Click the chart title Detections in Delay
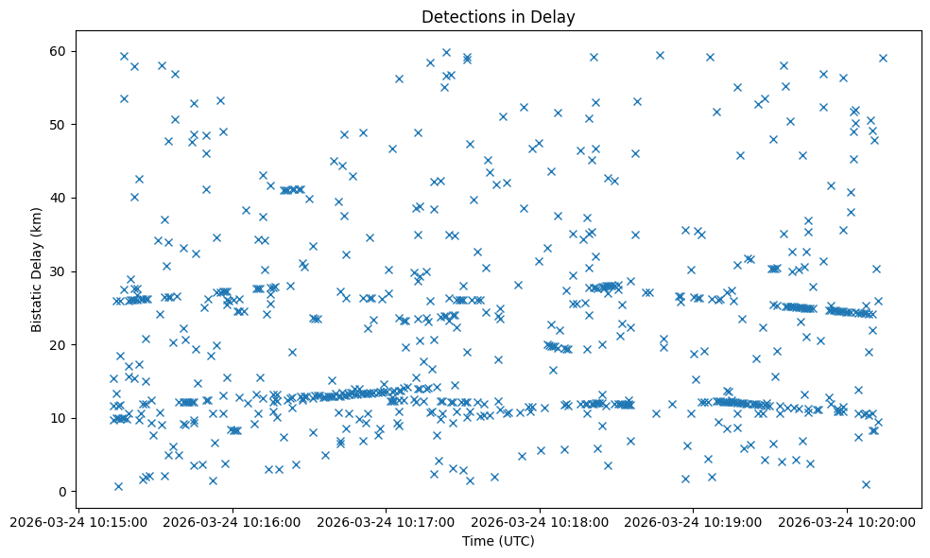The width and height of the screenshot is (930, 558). pyautogui.click(x=498, y=17)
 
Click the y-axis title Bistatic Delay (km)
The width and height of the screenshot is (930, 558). pyautogui.click(x=37, y=269)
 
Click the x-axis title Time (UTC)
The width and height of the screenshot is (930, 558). pyautogui.click(x=498, y=542)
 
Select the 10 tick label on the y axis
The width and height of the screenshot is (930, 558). pyautogui.click(x=60, y=418)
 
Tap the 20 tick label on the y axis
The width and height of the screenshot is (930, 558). pyautogui.click(x=60, y=344)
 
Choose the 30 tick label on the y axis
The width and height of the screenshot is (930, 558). pyautogui.click(x=60, y=271)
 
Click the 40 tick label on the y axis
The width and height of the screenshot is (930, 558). pyautogui.click(x=60, y=198)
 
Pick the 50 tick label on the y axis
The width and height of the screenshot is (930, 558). pyautogui.click(x=60, y=125)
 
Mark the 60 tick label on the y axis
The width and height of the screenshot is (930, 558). pyautogui.click(x=60, y=51)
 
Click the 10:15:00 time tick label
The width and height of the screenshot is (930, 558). pyautogui.click(x=79, y=521)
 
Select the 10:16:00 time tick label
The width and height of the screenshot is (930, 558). pyautogui.click(x=232, y=521)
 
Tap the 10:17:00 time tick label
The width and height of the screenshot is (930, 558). pyautogui.click(x=387, y=521)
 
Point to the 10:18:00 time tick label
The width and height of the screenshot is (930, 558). pyautogui.click(x=540, y=521)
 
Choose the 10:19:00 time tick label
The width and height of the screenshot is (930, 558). pyautogui.click(x=693, y=521)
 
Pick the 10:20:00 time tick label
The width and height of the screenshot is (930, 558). pyautogui.click(x=847, y=521)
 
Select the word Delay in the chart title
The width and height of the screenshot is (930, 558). pyautogui.click(x=556, y=17)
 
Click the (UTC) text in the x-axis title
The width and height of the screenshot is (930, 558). pyautogui.click(x=516, y=542)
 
